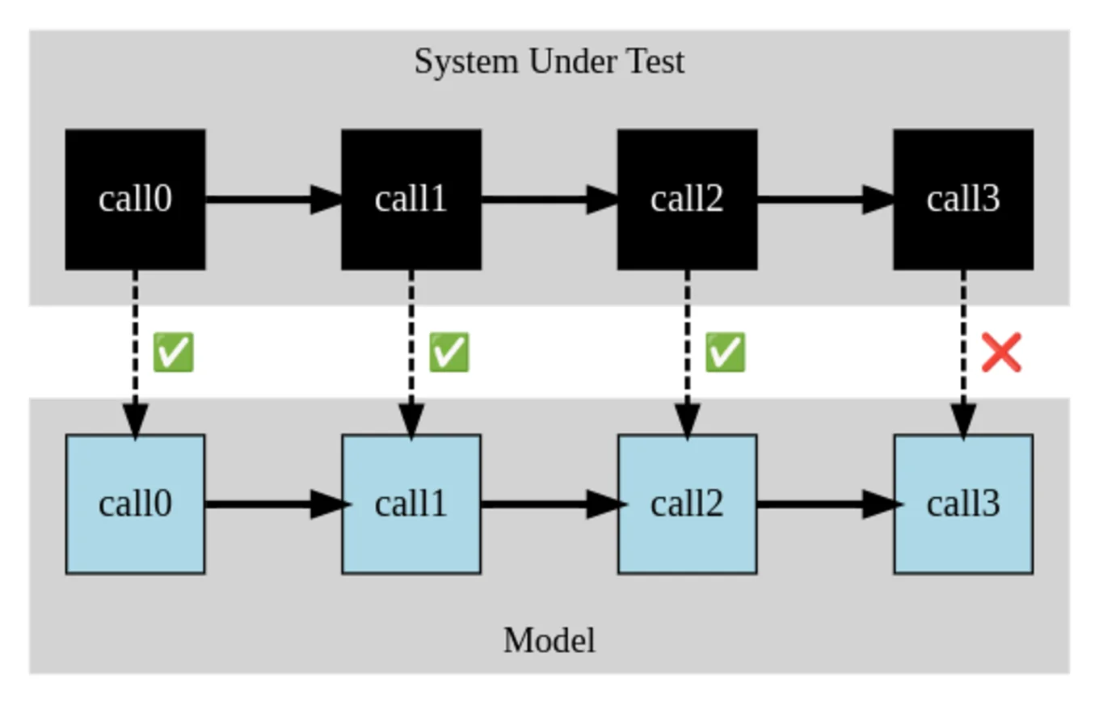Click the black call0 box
point(135,199)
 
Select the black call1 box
point(411,199)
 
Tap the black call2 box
point(687,199)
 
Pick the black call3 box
point(962,199)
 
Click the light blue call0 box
point(135,504)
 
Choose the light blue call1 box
point(411,504)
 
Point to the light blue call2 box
point(687,504)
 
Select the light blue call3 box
point(962,504)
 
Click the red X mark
point(1001,353)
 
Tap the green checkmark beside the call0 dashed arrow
point(173,353)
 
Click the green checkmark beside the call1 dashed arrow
point(448,353)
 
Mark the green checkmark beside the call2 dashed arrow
point(725,353)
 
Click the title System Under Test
point(549,61)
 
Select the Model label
point(549,641)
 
